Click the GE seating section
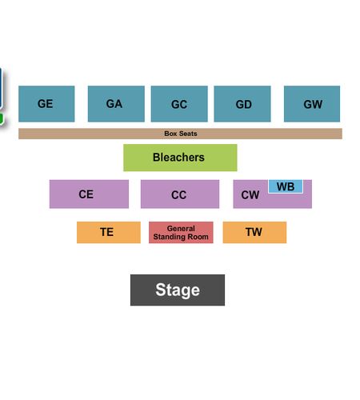point(46,104)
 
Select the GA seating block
point(116,104)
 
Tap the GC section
point(179,104)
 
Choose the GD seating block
point(242,104)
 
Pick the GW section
point(312,104)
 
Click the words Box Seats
point(181,134)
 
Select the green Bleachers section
point(180,158)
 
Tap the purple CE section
point(89,194)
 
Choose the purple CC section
point(180,194)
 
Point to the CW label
point(250,195)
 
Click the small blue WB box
point(286,186)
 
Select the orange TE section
point(109,232)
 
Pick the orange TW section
point(254,232)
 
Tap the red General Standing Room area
point(181,232)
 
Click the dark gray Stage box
point(178,290)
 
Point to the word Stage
point(178,290)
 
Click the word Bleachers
point(178,158)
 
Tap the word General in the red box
point(181,229)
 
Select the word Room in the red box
point(198,237)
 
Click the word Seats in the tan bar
point(188,134)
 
